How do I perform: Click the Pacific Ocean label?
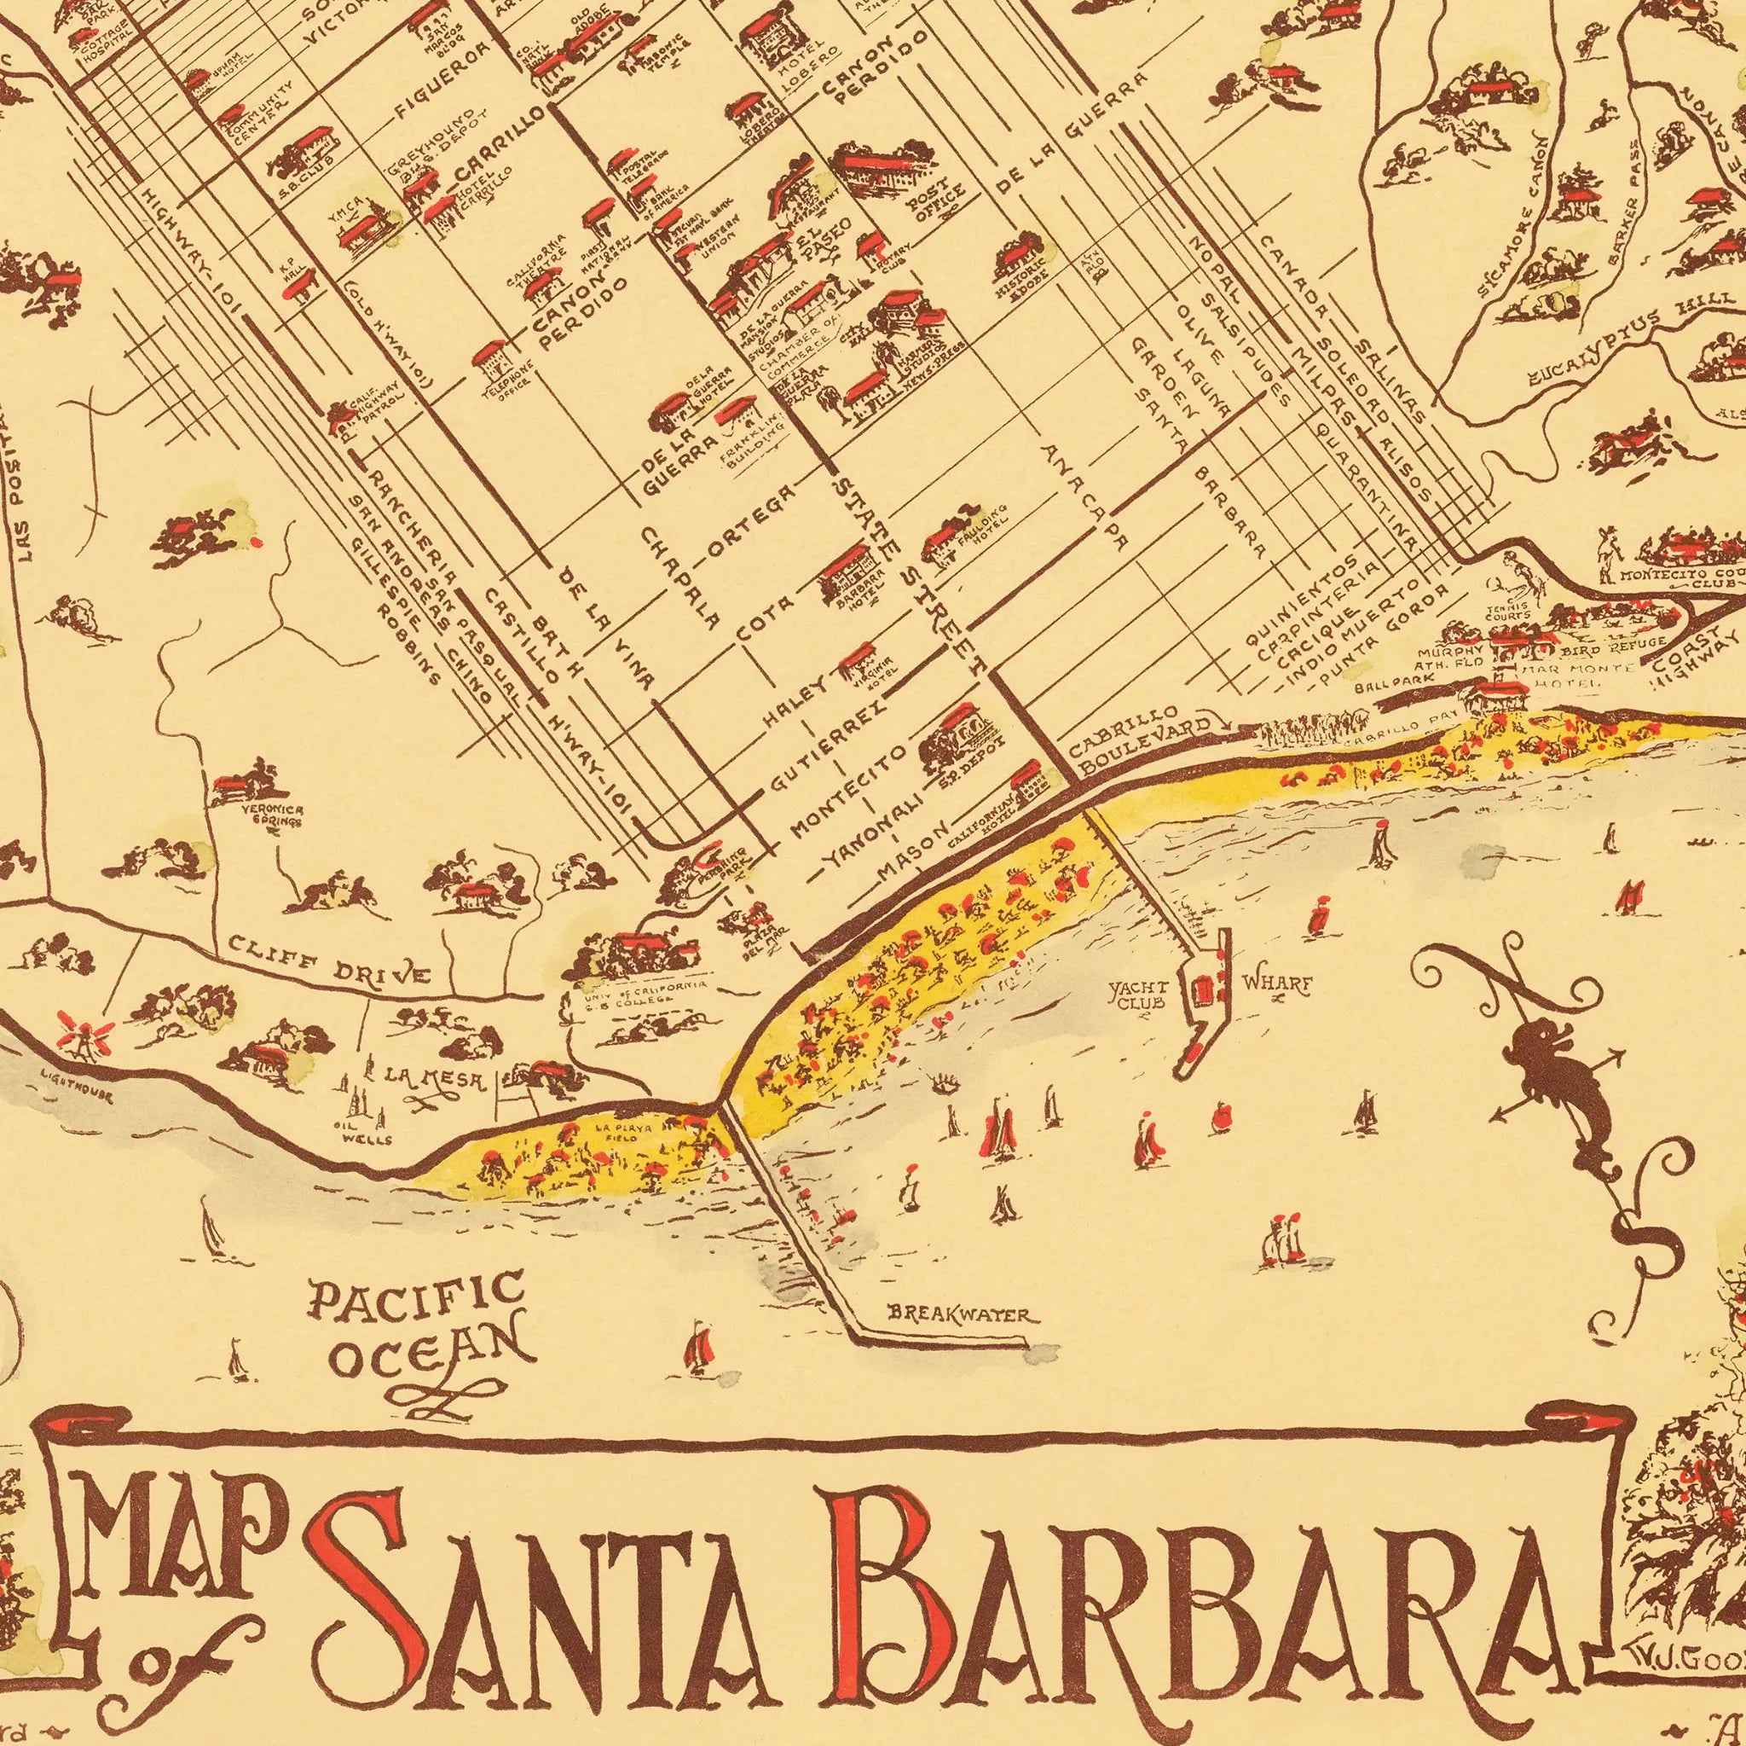click(x=418, y=1328)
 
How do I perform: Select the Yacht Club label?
click(x=1139, y=995)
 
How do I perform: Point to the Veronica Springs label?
click(x=271, y=815)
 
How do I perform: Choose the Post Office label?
click(x=939, y=200)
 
